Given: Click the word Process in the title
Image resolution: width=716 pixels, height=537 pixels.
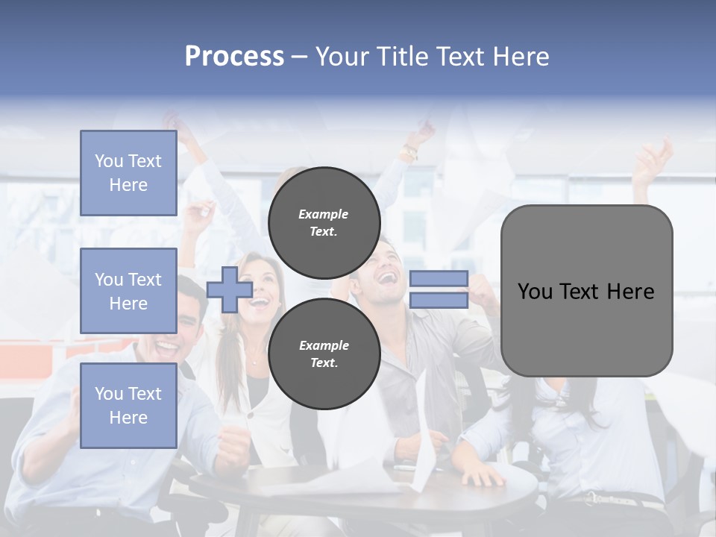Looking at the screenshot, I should (x=234, y=57).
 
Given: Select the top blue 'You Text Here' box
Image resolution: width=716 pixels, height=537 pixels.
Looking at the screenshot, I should (x=128, y=173).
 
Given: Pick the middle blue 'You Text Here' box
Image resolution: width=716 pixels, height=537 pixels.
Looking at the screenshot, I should (x=128, y=291).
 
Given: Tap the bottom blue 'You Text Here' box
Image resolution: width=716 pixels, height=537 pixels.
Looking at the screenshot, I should (x=128, y=406).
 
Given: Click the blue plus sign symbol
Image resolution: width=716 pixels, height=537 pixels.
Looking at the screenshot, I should (x=230, y=289).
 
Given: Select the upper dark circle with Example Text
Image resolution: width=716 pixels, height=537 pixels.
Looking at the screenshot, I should (x=324, y=222).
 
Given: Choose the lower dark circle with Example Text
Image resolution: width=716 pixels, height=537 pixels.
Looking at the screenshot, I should (x=324, y=354).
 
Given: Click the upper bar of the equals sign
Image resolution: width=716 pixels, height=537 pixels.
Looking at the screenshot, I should (x=439, y=279).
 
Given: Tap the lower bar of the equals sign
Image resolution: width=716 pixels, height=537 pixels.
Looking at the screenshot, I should (x=439, y=301).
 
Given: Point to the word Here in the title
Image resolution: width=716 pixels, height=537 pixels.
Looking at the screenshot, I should (x=518, y=57).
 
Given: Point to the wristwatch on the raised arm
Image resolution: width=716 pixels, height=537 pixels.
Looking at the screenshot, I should (x=409, y=153).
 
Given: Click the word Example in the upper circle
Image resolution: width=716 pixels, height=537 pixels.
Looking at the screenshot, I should (x=324, y=214).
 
